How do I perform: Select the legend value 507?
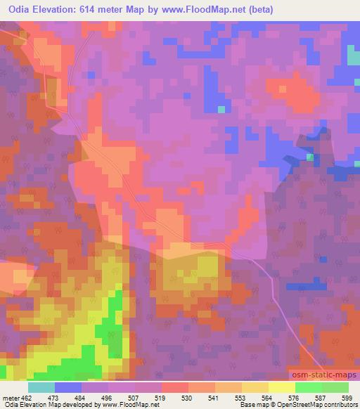click(x=120, y=398)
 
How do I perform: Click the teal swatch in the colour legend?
click(x=41, y=387)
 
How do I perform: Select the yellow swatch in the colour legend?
click(x=281, y=387)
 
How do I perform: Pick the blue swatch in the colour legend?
click(x=68, y=387)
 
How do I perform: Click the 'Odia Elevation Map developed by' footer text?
click(x=46, y=405)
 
